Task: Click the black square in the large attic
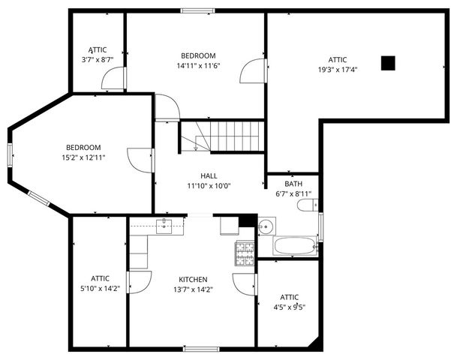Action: [x=387, y=64]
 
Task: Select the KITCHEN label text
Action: [x=193, y=279]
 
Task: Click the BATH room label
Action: [x=293, y=184]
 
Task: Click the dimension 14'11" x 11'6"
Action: [x=198, y=65]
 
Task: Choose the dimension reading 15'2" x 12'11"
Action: [x=83, y=157]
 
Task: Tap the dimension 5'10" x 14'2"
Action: [x=100, y=288]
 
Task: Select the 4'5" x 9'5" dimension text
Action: [x=289, y=306]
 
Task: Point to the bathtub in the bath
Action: [x=296, y=246]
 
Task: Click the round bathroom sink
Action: [x=266, y=226]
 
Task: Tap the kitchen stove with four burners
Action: [x=245, y=254]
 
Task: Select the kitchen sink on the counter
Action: [x=165, y=224]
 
